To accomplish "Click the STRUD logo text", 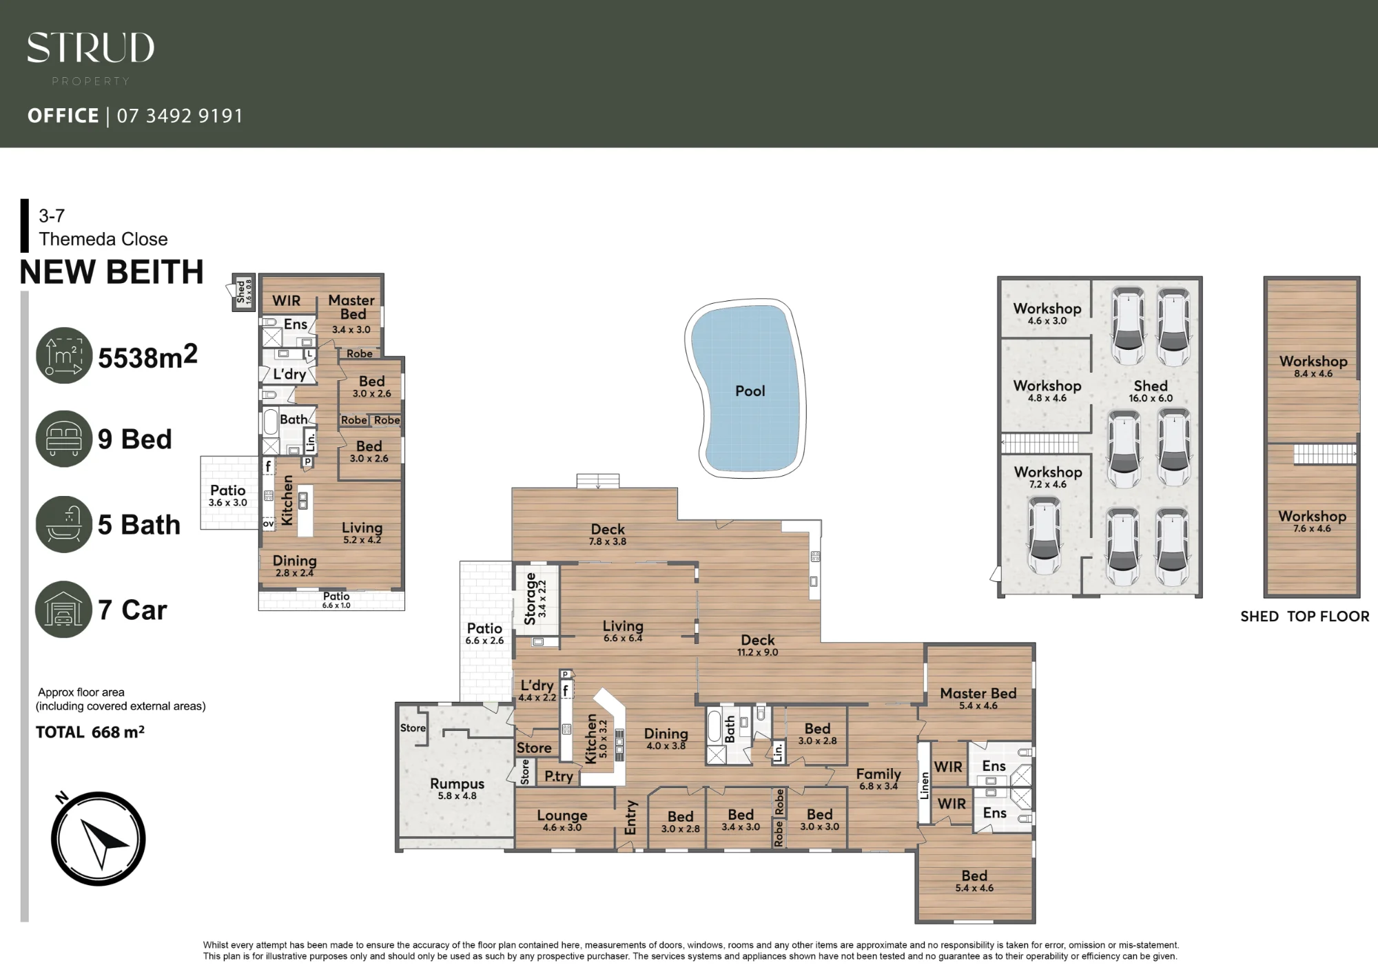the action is click(x=90, y=48).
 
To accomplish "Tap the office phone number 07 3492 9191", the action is click(x=180, y=116).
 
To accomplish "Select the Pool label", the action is click(x=750, y=391).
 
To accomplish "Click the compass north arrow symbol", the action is click(x=98, y=838).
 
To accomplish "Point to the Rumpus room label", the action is click(x=457, y=789).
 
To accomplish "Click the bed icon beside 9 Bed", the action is click(x=64, y=439).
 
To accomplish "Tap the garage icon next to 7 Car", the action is click(x=64, y=610).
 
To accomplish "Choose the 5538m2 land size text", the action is click(x=147, y=357).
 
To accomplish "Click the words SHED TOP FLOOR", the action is click(x=1305, y=616).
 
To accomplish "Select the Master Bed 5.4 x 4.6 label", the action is click(x=978, y=698).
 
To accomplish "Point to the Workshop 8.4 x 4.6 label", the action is click(x=1313, y=366).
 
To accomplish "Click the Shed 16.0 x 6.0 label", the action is click(x=1151, y=391).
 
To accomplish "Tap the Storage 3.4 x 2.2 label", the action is click(x=535, y=599).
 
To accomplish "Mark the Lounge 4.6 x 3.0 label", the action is click(x=562, y=820).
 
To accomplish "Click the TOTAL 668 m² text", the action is click(x=90, y=732).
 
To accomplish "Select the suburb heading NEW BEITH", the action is click(x=112, y=272).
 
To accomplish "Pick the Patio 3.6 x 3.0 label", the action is click(x=228, y=495).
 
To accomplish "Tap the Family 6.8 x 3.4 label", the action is click(x=878, y=779).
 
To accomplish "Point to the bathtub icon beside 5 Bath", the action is click(x=64, y=524).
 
